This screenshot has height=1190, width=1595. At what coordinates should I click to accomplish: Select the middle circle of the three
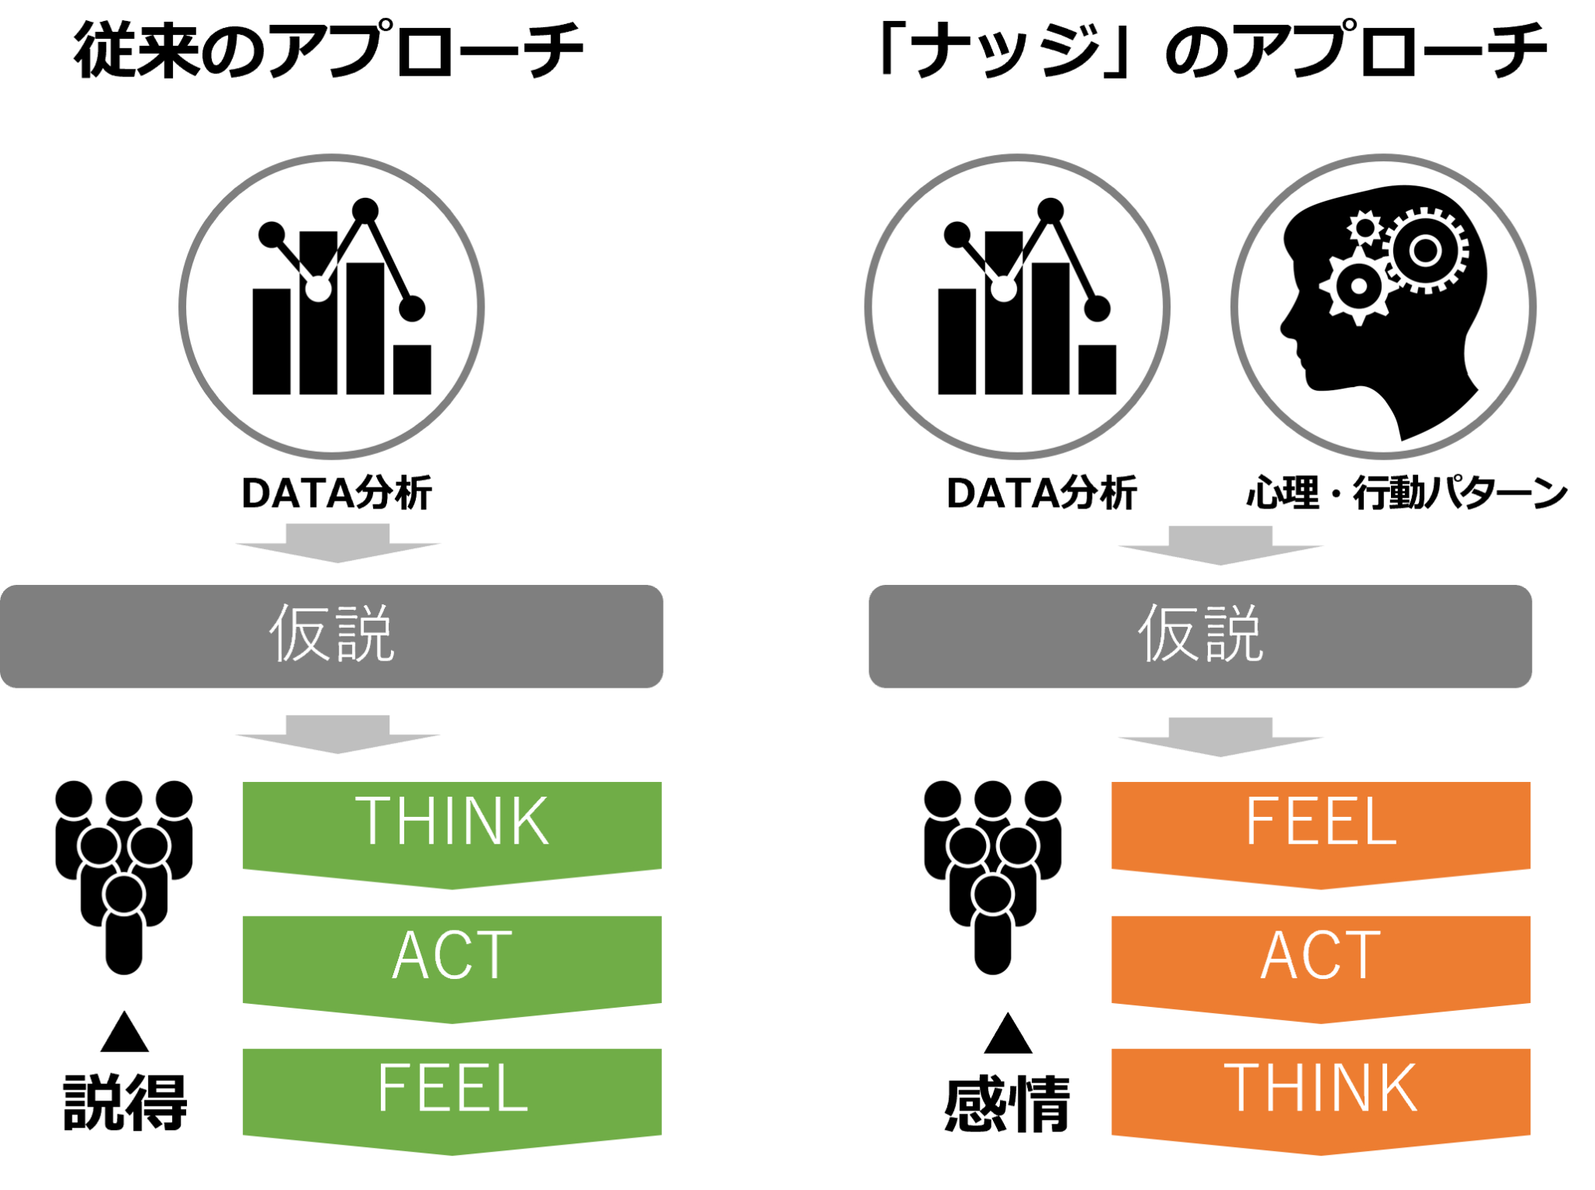click(1017, 306)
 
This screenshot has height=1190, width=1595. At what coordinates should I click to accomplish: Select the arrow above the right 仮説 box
click(1220, 546)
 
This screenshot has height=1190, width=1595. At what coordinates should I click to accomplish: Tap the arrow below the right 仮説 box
click(1220, 737)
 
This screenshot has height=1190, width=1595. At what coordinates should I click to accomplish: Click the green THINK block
click(452, 830)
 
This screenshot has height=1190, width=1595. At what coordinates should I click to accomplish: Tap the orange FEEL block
click(1321, 830)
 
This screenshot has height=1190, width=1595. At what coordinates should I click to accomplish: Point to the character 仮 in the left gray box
click(300, 633)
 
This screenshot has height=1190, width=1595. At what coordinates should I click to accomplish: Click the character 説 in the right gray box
click(1232, 633)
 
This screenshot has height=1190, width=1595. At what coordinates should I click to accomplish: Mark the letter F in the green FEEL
click(393, 1088)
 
